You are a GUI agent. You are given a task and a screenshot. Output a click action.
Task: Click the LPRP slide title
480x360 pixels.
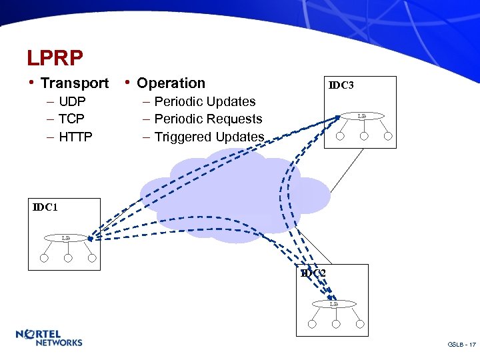pos(55,59)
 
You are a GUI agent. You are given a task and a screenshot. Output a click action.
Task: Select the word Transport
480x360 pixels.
pos(74,83)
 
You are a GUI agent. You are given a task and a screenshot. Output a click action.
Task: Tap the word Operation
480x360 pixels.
pos(171,83)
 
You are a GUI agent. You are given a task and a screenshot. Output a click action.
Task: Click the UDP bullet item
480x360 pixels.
pos(72,102)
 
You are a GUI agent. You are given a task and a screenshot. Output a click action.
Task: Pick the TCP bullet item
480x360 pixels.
pos(71,119)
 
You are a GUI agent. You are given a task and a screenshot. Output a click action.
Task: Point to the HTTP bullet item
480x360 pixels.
pos(75,137)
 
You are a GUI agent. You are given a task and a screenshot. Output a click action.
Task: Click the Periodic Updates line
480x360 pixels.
pos(205,102)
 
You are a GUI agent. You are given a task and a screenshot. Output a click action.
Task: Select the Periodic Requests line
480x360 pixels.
pos(208,119)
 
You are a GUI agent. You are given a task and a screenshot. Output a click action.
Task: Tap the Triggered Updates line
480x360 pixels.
pos(209,137)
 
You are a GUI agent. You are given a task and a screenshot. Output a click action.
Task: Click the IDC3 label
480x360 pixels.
pos(342,85)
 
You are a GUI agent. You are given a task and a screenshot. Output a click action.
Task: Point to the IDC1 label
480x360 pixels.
pos(45,207)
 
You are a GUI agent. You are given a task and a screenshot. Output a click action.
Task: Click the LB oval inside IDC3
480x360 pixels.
pos(361,116)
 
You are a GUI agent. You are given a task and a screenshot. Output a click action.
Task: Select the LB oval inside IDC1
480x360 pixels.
pos(65,237)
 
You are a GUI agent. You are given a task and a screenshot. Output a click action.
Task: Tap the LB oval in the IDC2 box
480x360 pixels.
pos(334,304)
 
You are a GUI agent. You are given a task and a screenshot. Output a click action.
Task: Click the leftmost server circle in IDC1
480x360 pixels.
pos(43,259)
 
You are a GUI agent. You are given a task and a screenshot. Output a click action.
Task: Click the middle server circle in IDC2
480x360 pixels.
pos(336,325)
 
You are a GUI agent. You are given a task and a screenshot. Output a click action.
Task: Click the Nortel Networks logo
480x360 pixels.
pos(49,338)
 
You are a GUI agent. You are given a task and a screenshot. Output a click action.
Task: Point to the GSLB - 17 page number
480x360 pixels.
pos(461,345)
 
